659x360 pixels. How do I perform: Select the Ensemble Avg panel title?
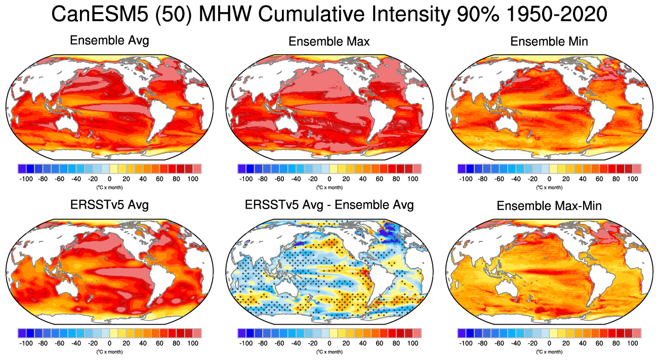[109, 41]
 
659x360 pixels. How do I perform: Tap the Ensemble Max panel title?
[329, 42]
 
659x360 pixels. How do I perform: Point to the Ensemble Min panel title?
[549, 42]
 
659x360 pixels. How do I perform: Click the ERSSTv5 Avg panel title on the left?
[109, 205]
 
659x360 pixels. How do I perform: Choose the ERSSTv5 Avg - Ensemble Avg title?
[329, 205]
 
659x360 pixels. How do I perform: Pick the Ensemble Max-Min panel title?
[549, 206]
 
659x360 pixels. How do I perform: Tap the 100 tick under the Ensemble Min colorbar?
[633, 179]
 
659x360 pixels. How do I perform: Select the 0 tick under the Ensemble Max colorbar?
[329, 179]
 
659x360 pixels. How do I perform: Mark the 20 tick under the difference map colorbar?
[346, 343]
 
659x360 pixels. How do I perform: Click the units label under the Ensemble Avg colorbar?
[109, 187]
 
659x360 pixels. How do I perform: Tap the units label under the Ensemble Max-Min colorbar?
[549, 352]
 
